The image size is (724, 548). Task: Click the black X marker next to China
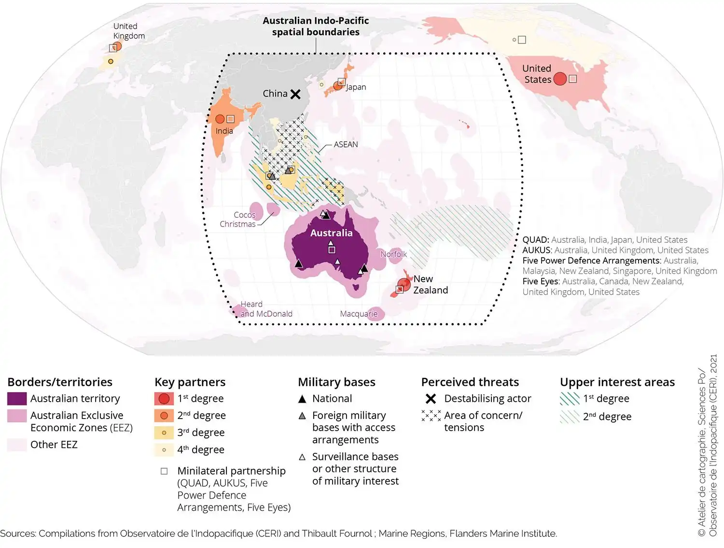click(295, 94)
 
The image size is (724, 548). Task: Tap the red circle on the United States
click(559, 79)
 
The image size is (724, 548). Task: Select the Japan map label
click(356, 87)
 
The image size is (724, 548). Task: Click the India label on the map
click(224, 131)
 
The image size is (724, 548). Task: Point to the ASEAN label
click(346, 144)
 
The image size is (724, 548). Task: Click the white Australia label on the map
click(331, 233)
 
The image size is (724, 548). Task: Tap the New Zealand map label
click(430, 284)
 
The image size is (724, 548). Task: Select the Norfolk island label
click(393, 254)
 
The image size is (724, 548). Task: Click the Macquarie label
click(359, 314)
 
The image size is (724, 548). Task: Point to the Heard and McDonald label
click(266, 309)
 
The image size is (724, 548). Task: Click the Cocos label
click(244, 215)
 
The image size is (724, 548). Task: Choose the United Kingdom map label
click(128, 31)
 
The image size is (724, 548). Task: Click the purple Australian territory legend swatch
click(17, 399)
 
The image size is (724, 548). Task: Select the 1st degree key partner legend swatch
click(164, 399)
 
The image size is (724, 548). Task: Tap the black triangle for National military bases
click(302, 399)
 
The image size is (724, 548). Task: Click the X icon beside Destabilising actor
click(431, 399)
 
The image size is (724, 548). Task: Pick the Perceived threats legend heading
click(470, 382)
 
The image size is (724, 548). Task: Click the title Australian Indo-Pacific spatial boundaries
click(316, 27)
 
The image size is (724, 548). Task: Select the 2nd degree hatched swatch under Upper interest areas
click(570, 416)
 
